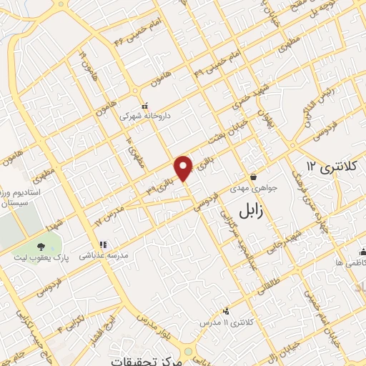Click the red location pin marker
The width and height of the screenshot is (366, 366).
coord(184,167)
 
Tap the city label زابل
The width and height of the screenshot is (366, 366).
coord(246,211)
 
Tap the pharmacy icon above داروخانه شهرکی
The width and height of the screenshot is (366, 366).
coord(144,105)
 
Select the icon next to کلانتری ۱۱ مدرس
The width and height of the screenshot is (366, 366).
coord(226,311)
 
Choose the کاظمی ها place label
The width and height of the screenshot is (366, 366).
coord(350,263)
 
